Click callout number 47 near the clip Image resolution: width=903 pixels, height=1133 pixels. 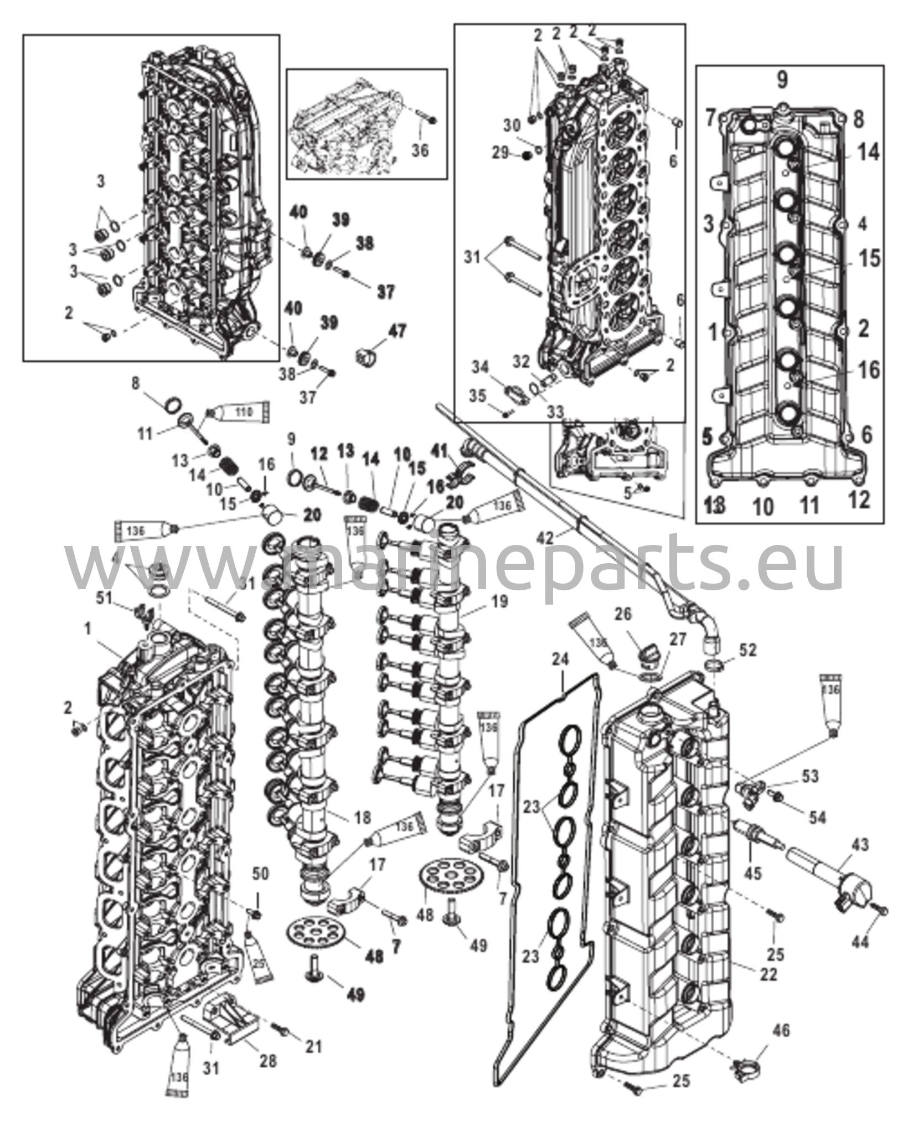(396, 331)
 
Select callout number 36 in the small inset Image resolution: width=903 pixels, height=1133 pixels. (420, 150)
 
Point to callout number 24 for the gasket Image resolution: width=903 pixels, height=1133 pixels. (560, 659)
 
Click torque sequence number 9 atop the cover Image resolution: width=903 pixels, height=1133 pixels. (781, 81)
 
